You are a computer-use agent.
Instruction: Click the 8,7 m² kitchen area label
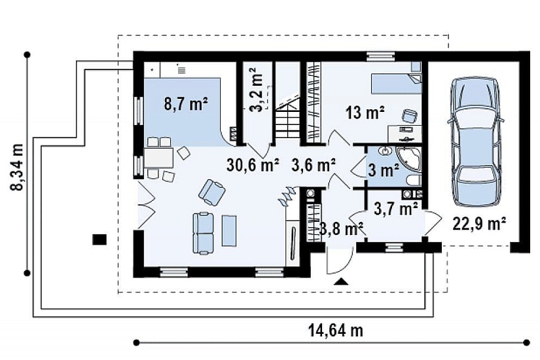(186, 103)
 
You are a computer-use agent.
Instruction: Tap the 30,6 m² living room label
(253, 166)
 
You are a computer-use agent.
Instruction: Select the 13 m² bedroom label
(365, 113)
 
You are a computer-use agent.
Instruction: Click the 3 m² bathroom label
(384, 170)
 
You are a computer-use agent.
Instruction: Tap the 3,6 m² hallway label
(314, 166)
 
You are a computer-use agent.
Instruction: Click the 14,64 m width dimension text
(335, 331)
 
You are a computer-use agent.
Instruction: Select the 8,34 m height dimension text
(16, 167)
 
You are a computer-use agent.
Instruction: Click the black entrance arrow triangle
(341, 281)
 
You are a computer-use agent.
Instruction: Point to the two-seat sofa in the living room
(203, 234)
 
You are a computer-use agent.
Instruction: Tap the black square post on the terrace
(100, 239)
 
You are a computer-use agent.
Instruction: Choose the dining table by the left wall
(159, 158)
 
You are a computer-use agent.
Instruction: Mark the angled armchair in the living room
(211, 192)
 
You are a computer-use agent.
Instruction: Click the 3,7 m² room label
(396, 209)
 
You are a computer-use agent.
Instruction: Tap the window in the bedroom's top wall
(380, 56)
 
